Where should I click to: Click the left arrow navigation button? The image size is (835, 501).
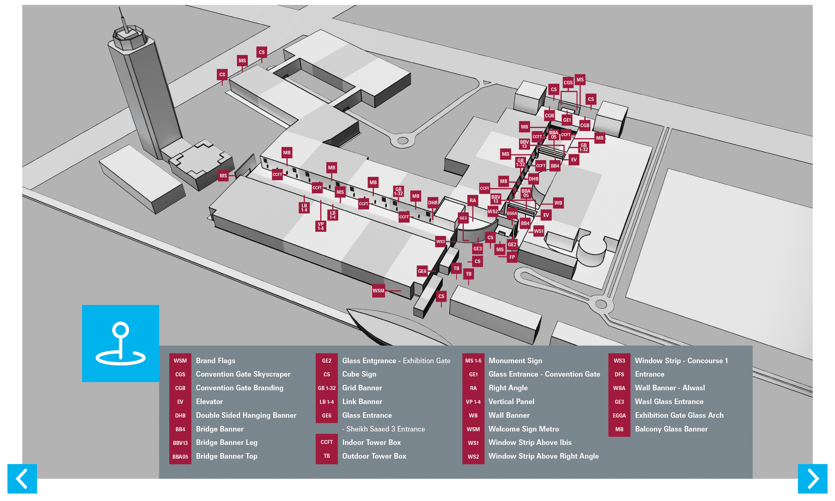coord(22,478)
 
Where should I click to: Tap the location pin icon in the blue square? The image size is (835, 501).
coord(120,343)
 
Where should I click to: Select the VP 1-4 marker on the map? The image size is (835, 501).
coord(321,226)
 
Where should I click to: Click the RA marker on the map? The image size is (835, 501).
coord(472,200)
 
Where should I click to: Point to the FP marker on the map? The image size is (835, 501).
coord(512,257)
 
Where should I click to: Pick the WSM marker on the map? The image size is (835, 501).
coord(378,290)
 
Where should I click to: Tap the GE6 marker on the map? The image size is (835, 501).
coord(422,271)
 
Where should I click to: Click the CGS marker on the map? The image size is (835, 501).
coord(568,82)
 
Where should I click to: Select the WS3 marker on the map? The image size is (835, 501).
coord(440,242)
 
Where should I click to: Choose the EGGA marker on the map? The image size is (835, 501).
coord(511,213)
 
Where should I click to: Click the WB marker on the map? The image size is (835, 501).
coord(558,202)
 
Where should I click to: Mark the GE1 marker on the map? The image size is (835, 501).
coord(567,120)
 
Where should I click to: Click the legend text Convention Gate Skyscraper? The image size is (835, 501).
coord(243,374)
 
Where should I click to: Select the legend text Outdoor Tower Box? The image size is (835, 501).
coord(374,456)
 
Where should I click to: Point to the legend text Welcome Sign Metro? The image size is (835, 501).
coord(523,429)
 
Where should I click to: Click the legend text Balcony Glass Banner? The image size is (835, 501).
coord(671,429)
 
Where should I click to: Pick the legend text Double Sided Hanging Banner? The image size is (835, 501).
coord(246,415)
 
